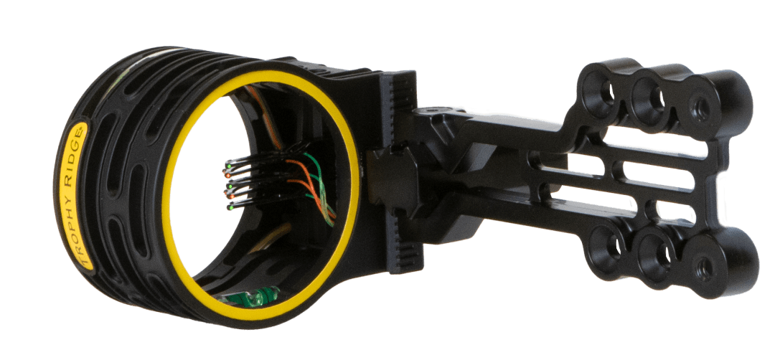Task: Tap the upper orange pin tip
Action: pos(227,175)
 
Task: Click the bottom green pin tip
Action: pos(230,209)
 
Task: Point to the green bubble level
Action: pos(250,295)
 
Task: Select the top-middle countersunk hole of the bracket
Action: pos(654,97)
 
